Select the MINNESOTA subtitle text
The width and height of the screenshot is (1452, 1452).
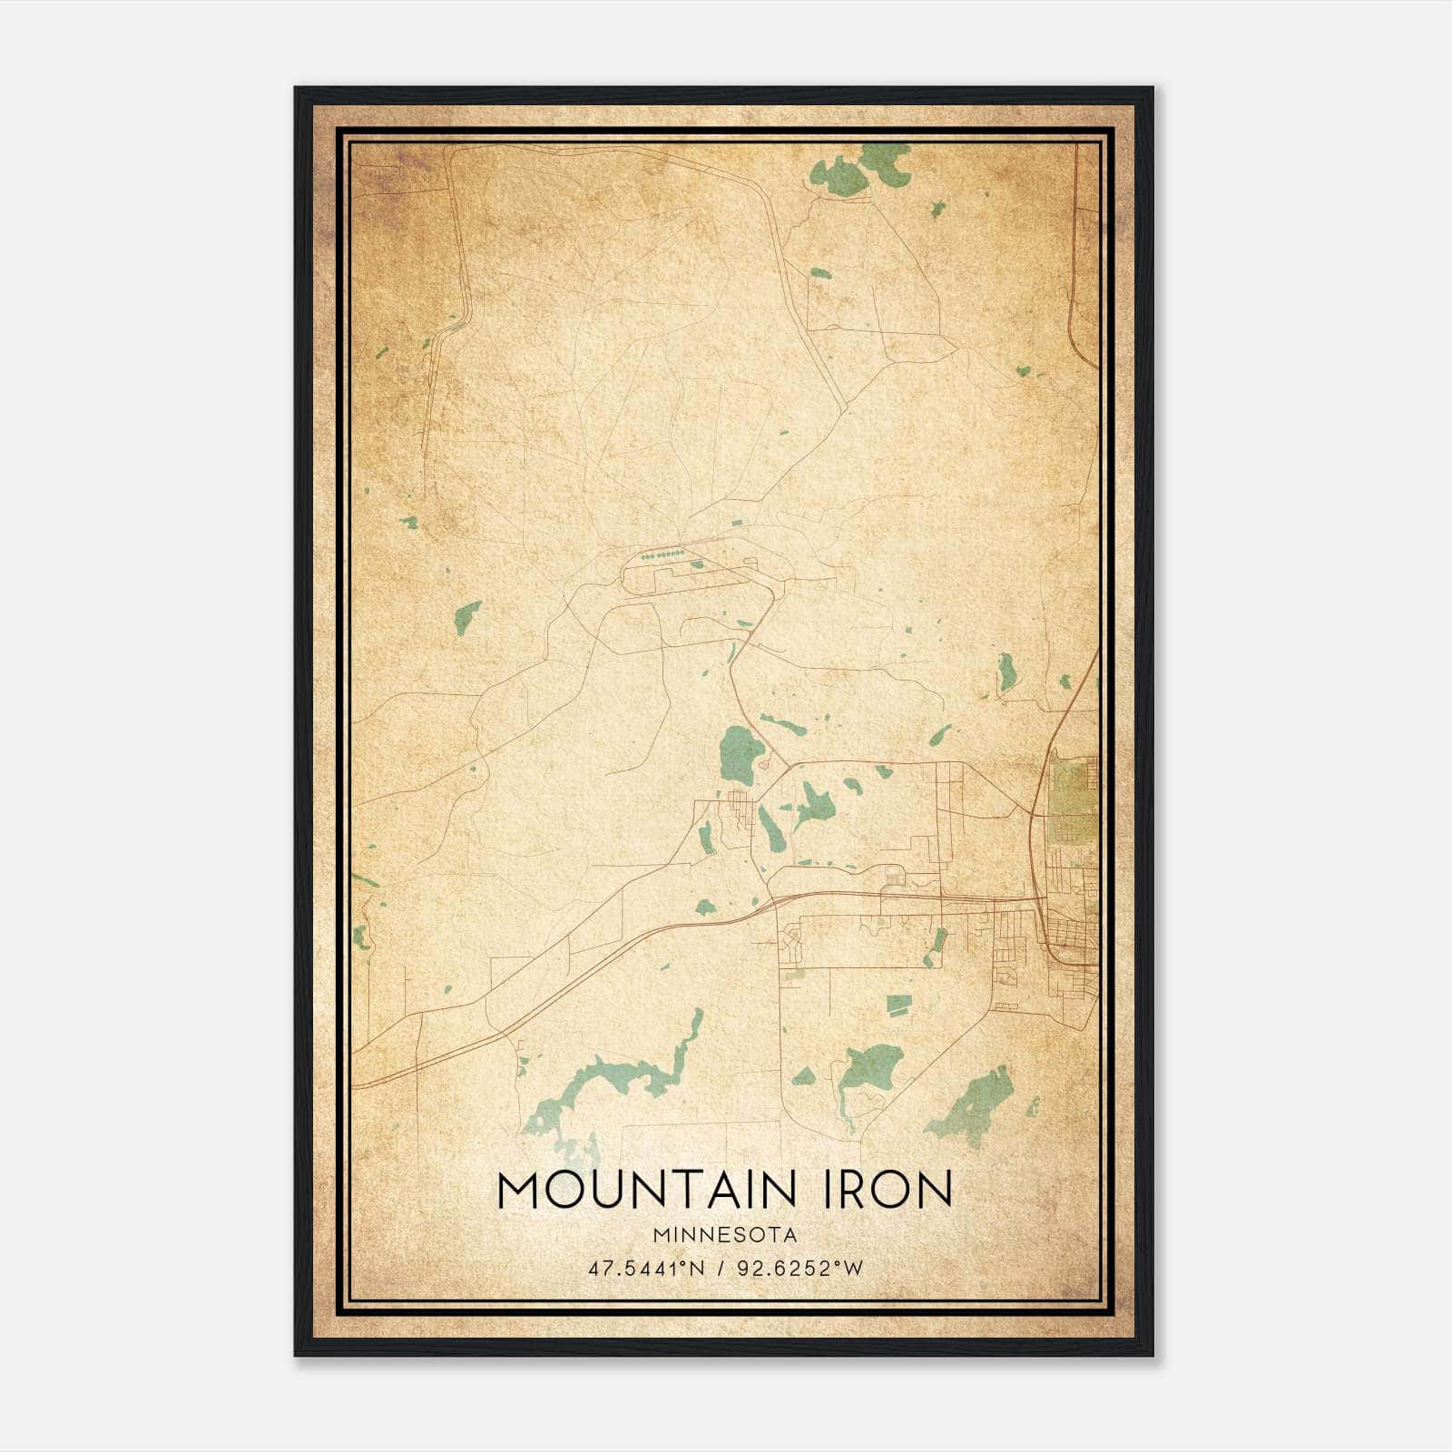click(x=724, y=1235)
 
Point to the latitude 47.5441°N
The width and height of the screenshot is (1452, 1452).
click(x=646, y=1268)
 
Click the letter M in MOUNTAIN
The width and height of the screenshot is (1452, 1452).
click(x=518, y=1190)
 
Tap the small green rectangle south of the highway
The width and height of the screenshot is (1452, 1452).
click(x=898, y=1004)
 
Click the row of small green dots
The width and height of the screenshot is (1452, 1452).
click(x=662, y=553)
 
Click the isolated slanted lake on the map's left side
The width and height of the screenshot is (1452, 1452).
click(x=466, y=617)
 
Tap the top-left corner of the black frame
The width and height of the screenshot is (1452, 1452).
click(x=296, y=89)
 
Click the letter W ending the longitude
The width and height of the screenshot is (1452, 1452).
click(x=854, y=1268)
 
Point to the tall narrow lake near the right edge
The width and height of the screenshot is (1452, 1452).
click(x=1006, y=672)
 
